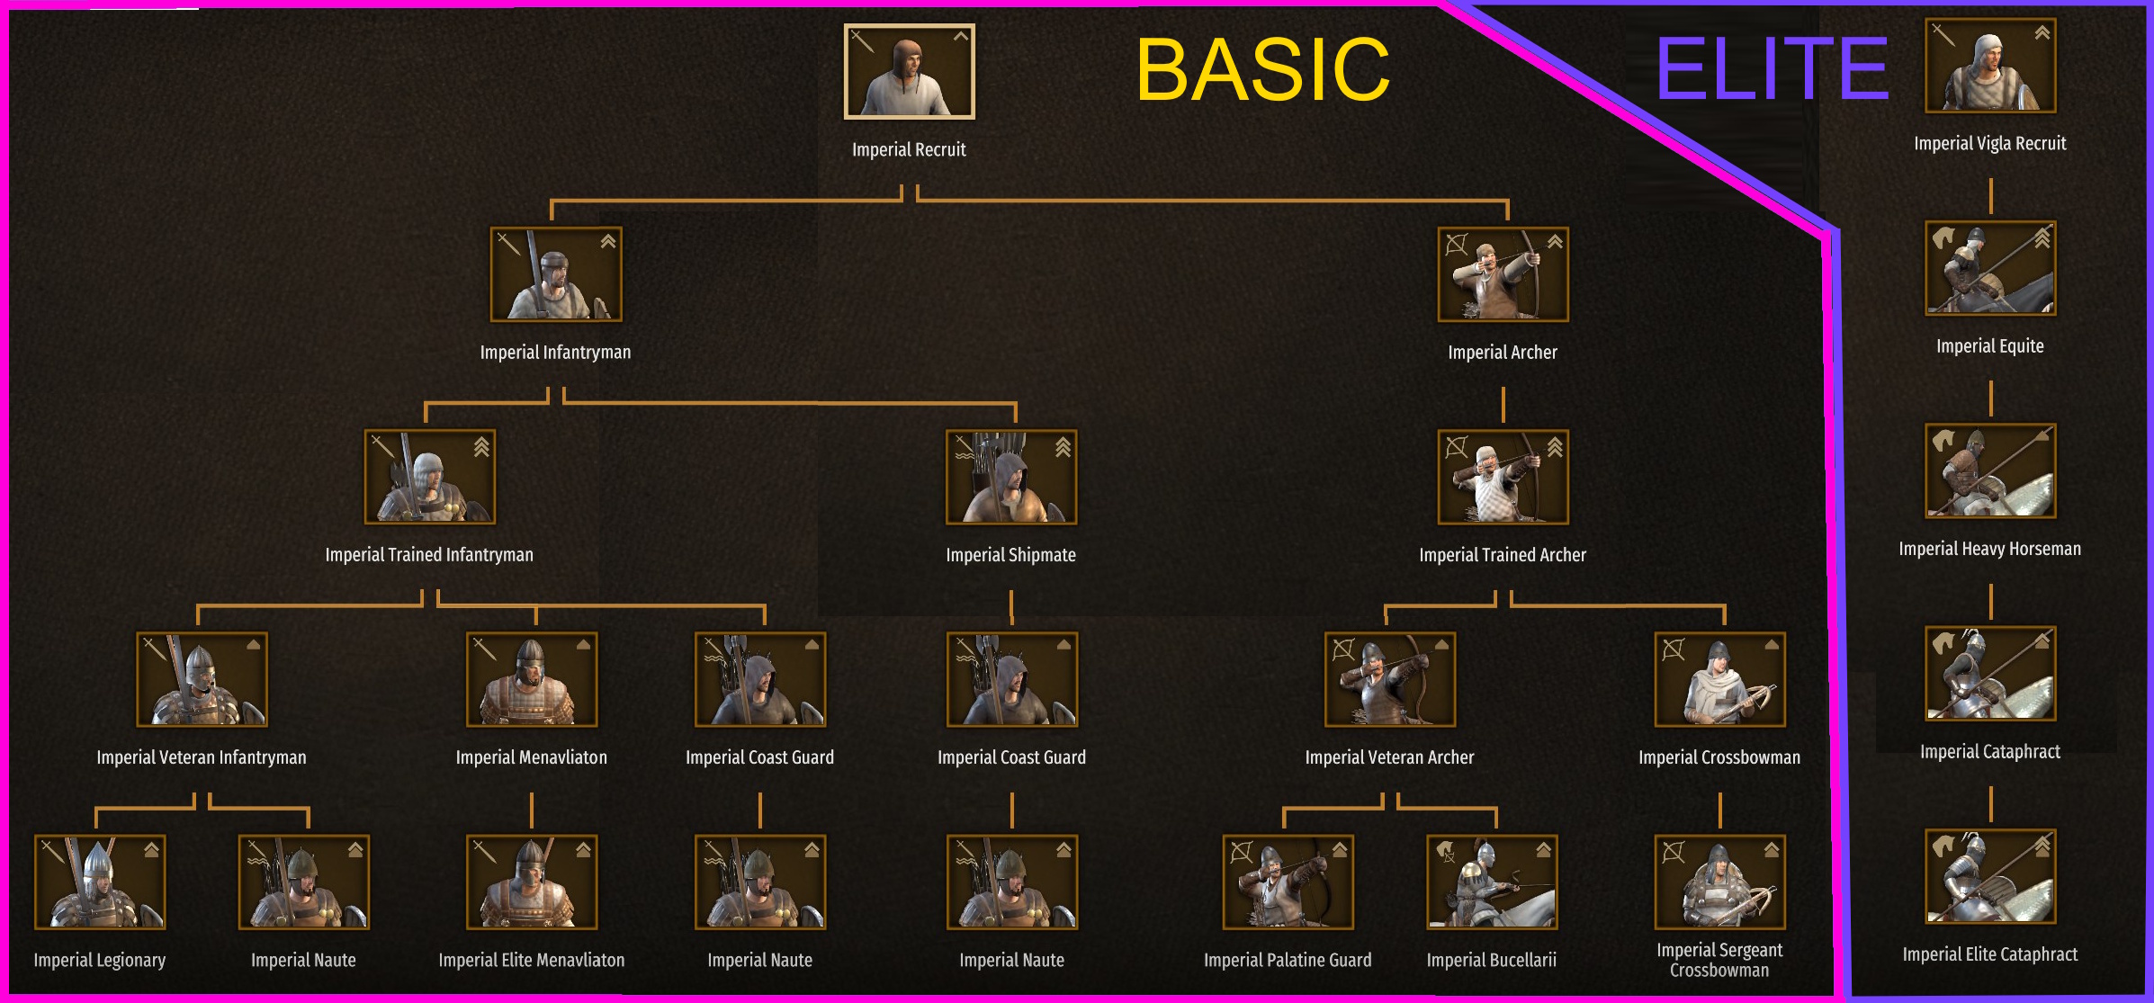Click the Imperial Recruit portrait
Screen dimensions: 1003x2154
pyautogui.click(x=909, y=72)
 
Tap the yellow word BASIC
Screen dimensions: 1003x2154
pyautogui.click(x=1262, y=69)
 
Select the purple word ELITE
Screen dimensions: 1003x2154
pyautogui.click(x=1772, y=69)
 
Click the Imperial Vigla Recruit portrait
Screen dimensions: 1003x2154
pyautogui.click(x=1990, y=66)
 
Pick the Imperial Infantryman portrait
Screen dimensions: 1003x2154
pyautogui.click(x=555, y=274)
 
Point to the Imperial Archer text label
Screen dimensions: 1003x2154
pyautogui.click(x=1503, y=353)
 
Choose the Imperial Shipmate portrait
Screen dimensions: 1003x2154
pyautogui.click(x=1011, y=477)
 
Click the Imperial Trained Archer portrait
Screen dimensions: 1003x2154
pyautogui.click(x=1503, y=477)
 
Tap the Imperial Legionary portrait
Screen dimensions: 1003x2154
pyautogui.click(x=100, y=882)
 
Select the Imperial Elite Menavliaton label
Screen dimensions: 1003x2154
pyautogui.click(x=532, y=961)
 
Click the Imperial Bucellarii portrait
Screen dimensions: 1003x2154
pyautogui.click(x=1492, y=882)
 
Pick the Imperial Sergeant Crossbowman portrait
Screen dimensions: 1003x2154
pyautogui.click(x=1719, y=882)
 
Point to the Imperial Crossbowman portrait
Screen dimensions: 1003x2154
pyautogui.click(x=1719, y=679)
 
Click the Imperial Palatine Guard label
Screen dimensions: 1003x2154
pyautogui.click(x=1288, y=961)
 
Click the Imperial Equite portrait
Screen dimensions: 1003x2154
pyautogui.click(x=1990, y=268)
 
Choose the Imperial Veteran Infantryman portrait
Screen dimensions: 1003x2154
pyautogui.click(x=202, y=679)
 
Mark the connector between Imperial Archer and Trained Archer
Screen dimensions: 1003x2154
pyautogui.click(x=1503, y=405)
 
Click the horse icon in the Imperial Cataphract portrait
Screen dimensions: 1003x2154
pyautogui.click(x=1943, y=642)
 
